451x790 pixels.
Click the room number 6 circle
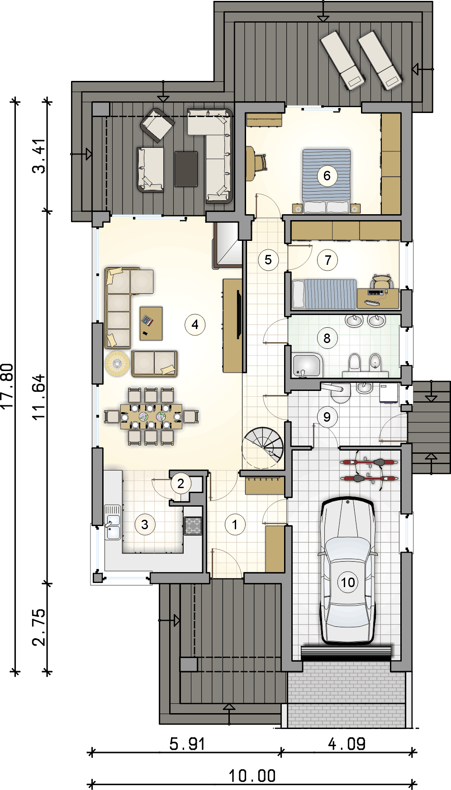(327, 175)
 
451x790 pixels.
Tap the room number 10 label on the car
(348, 582)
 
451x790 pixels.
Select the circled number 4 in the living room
(195, 324)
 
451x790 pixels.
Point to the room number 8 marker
(327, 338)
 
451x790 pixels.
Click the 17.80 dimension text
(9, 386)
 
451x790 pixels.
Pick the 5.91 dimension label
(187, 743)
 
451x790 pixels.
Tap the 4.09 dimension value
(347, 743)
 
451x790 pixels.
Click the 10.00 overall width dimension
(252, 776)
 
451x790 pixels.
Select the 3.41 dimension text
(39, 156)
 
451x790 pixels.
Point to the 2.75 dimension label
(39, 627)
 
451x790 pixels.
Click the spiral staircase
(263, 448)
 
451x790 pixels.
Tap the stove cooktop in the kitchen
(193, 526)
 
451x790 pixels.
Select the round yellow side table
(117, 363)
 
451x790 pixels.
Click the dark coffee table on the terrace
(186, 169)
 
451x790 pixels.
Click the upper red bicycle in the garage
(369, 463)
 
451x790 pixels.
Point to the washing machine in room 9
(389, 393)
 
